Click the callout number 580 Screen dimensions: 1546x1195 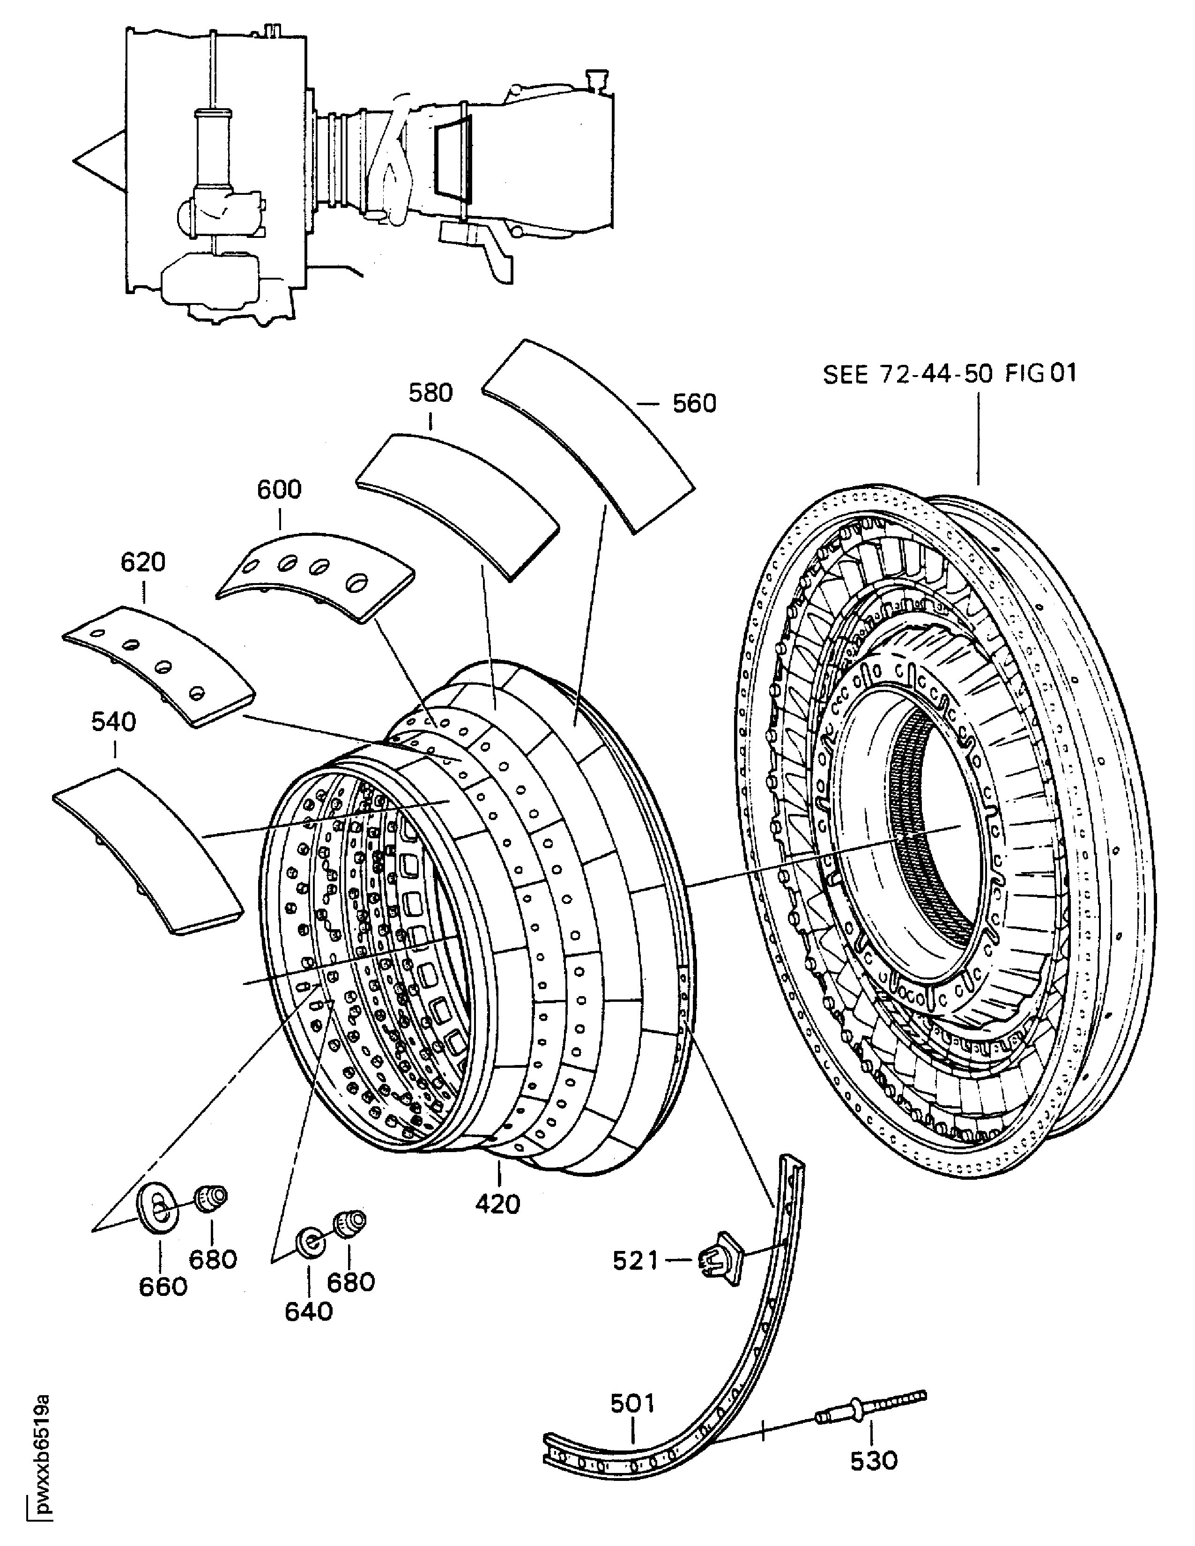coord(430,393)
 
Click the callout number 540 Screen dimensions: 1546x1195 coord(113,722)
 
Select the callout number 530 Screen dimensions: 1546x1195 coord(874,1460)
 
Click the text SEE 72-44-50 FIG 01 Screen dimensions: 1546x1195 coord(950,373)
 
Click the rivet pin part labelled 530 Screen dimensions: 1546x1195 coord(871,1413)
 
